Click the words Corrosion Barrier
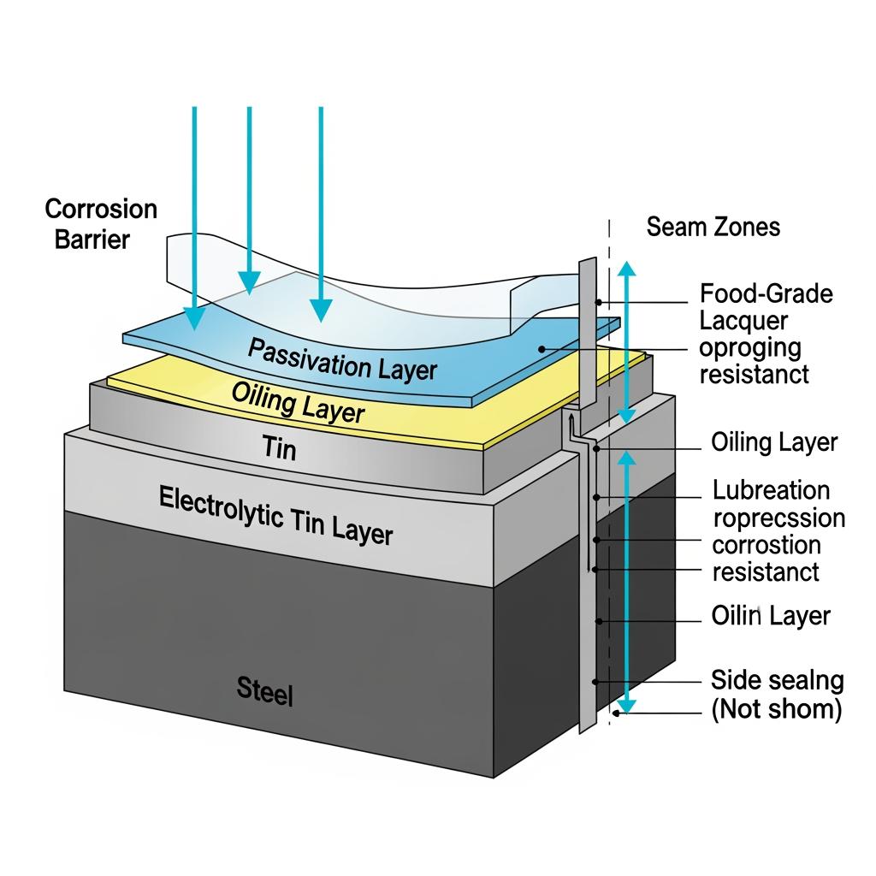point(101,223)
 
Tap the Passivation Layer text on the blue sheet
point(341,358)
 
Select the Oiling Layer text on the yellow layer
point(298,402)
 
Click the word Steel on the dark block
point(264,691)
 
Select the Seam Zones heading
point(713,227)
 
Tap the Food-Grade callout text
point(766,293)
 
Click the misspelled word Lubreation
point(771,490)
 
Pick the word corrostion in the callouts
point(766,545)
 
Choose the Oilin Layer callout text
point(770,616)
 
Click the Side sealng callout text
point(777,681)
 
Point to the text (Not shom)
point(776,709)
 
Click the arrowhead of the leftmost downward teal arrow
point(195,317)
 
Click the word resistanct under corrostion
point(765,571)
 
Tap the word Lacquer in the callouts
point(743,321)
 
